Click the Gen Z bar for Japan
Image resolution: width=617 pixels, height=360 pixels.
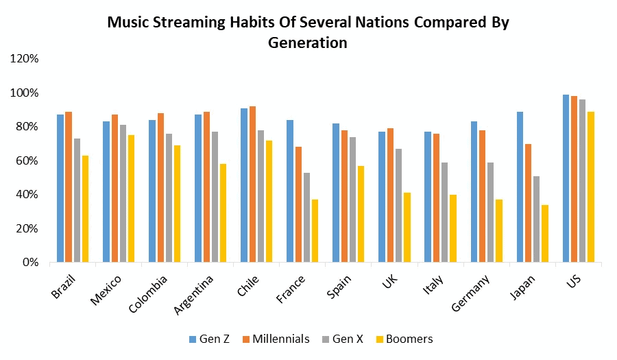[x=520, y=187]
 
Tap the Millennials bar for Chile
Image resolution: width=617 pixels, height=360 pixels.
[x=253, y=184]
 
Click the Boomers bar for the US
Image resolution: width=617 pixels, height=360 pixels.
[x=591, y=187]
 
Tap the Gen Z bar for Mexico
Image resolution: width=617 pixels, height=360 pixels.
[x=106, y=191]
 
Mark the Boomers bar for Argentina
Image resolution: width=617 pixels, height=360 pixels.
[x=223, y=213]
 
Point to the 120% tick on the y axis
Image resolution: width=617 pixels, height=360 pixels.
[x=25, y=59]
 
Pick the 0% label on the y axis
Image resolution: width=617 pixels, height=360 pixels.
[x=30, y=263]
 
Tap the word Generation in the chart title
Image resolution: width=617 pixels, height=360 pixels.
[x=308, y=43]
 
